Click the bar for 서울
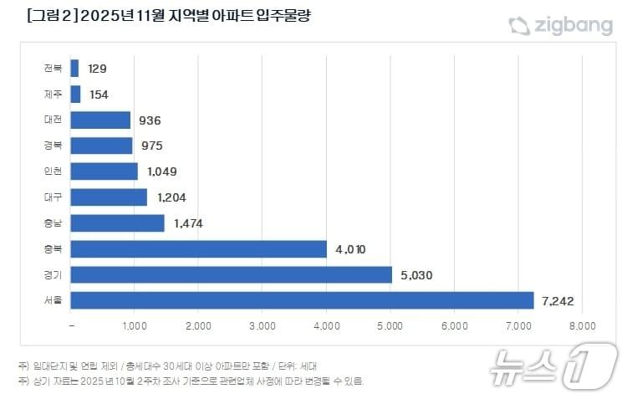click(x=302, y=299)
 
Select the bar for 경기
click(x=232, y=274)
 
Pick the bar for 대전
click(x=100, y=120)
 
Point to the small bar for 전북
click(x=75, y=69)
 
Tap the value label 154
click(x=98, y=95)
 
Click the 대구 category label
click(x=53, y=197)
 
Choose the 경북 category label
click(x=53, y=146)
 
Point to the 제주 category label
click(x=53, y=95)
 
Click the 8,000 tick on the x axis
click(x=582, y=325)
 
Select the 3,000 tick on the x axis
click(x=263, y=325)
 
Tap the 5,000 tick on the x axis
click(x=390, y=325)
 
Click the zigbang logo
click(x=560, y=26)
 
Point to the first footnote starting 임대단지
click(x=166, y=366)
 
